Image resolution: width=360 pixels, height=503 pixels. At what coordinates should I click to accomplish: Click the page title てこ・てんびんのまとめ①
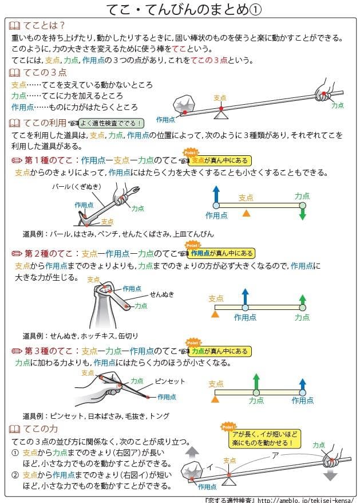pos(180,10)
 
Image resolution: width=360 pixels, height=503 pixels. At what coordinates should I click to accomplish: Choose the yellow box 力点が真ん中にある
pos(220,351)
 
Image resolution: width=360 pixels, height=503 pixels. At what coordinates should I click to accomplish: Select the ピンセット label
pos(170,381)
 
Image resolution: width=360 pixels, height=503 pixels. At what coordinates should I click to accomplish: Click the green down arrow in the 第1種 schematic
pos(303,213)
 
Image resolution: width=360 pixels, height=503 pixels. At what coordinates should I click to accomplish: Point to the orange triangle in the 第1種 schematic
pos(246,213)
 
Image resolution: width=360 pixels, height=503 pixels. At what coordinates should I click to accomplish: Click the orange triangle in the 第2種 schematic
pos(215,315)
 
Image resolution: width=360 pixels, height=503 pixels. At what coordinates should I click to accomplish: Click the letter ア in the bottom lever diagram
pos(275,455)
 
